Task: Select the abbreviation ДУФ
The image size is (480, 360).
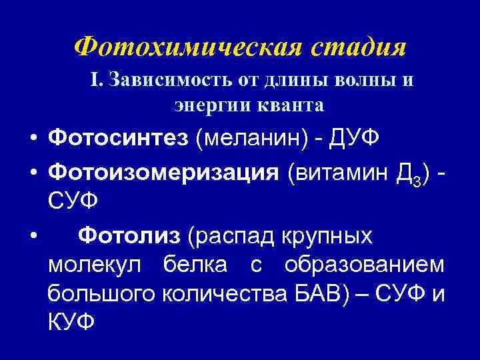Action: click(364, 137)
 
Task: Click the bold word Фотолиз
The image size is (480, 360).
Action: click(129, 235)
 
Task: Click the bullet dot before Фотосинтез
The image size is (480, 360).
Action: click(32, 137)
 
